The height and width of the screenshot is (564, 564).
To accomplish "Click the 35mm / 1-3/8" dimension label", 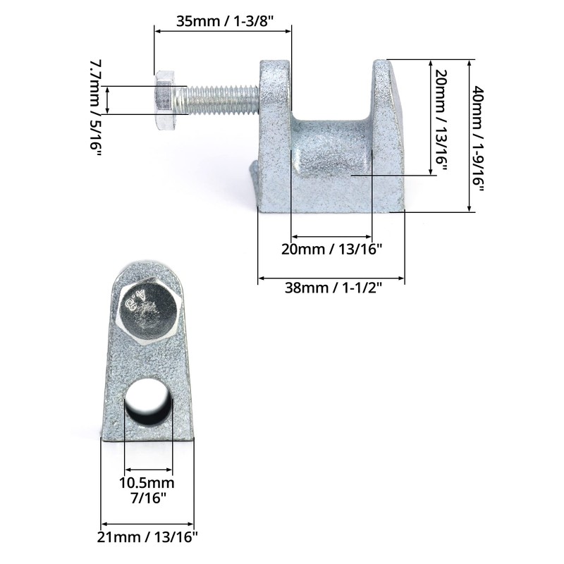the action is click(x=225, y=21).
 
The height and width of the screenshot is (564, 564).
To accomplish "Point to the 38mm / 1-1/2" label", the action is click(x=333, y=288).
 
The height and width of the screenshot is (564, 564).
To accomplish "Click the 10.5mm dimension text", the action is click(x=147, y=483).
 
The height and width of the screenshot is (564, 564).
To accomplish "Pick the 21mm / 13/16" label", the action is click(x=147, y=537).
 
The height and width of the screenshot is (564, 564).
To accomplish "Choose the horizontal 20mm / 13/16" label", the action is click(x=331, y=249).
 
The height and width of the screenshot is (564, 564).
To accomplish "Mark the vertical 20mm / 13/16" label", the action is click(x=441, y=120).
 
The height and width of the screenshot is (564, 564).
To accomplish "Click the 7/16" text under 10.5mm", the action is click(x=148, y=498).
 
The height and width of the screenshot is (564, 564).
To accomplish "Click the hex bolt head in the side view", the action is click(x=164, y=100).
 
